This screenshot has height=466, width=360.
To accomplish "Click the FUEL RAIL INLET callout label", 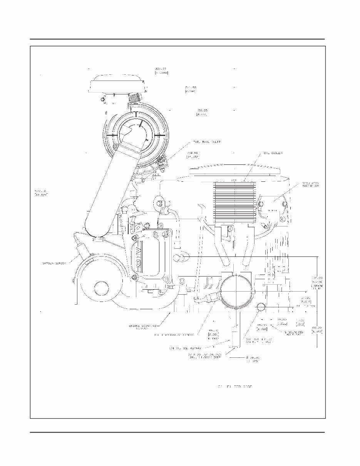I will [x=206, y=142].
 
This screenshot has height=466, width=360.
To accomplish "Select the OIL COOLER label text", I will [x=273, y=153].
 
